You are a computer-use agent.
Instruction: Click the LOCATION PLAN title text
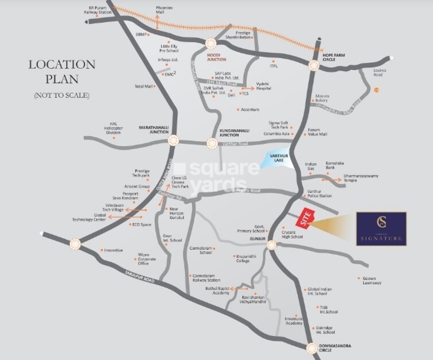point(61,72)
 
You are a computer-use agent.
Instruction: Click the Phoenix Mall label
point(164,10)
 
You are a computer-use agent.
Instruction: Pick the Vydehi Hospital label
point(263,86)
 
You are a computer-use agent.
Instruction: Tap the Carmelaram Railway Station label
point(206,277)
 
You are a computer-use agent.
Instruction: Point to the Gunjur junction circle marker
point(271,245)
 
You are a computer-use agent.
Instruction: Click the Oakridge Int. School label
point(325,330)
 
